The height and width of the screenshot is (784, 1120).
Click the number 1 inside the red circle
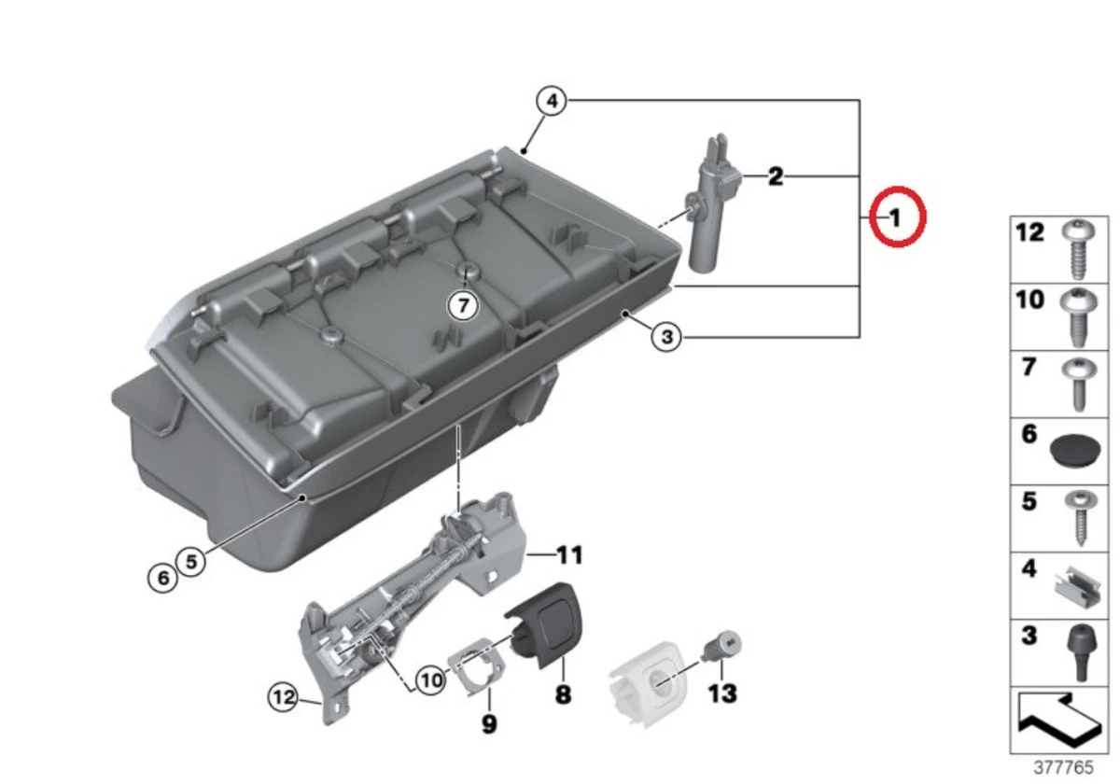click(x=894, y=218)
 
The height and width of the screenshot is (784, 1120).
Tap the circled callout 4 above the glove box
click(x=552, y=101)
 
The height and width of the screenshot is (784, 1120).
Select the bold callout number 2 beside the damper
click(x=775, y=175)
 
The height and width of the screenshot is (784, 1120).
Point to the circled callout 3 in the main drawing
click(x=665, y=337)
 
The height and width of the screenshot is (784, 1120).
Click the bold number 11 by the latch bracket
click(x=569, y=556)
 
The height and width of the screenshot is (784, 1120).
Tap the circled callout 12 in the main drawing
click(x=284, y=695)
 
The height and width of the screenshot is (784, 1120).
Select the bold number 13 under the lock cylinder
click(x=722, y=693)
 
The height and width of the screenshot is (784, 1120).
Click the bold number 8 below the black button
click(x=564, y=695)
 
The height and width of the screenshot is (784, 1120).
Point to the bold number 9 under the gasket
click(x=489, y=723)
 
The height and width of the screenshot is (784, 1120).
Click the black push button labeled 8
click(x=543, y=622)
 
